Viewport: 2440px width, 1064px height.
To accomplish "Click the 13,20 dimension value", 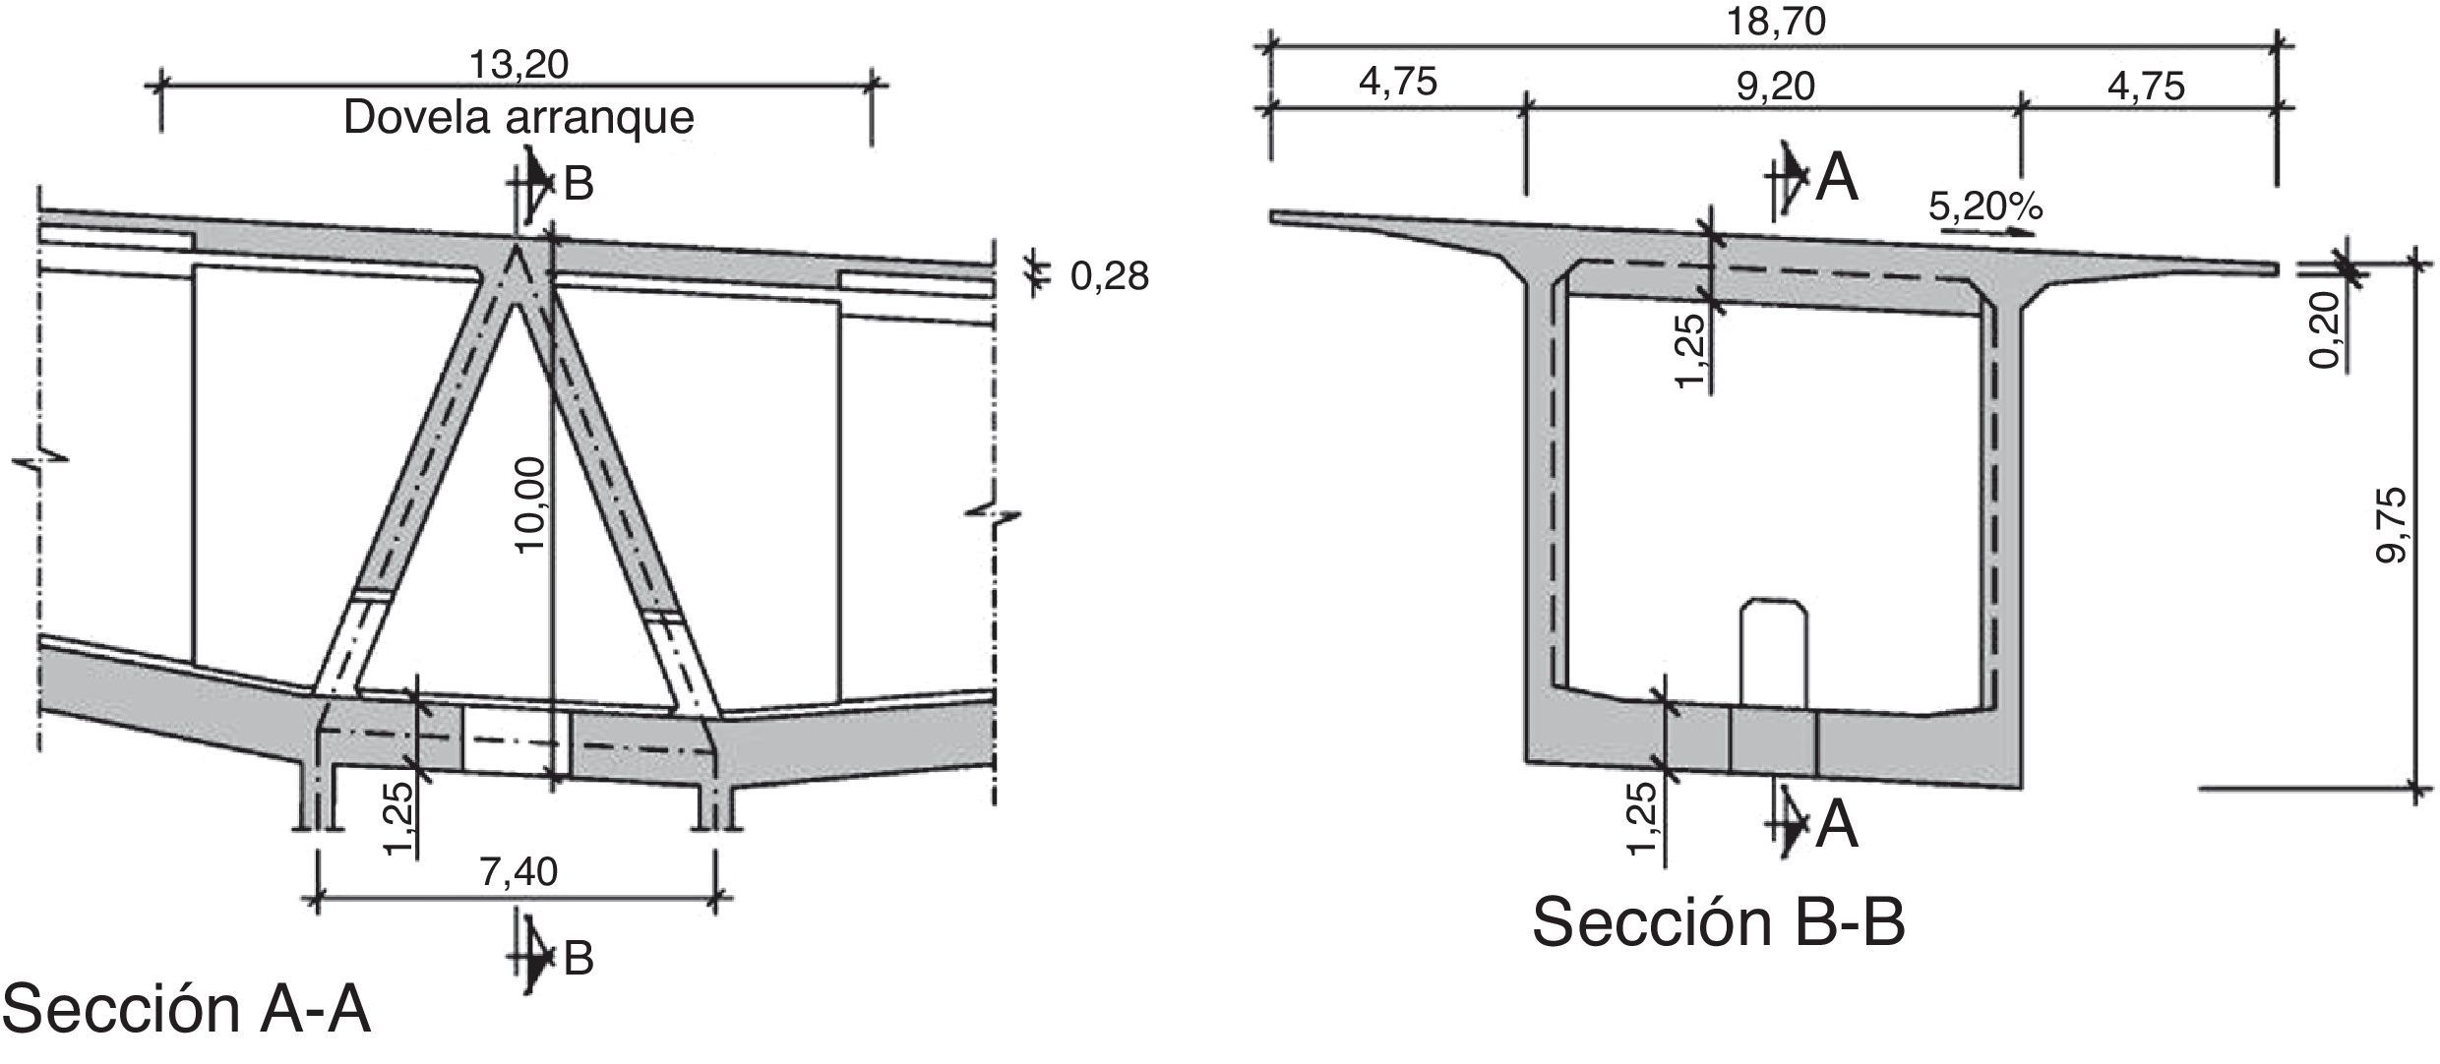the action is [x=518, y=65].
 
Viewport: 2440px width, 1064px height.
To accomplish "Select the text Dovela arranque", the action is [x=518, y=118].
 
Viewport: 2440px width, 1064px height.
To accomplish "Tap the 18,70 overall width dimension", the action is [x=1776, y=23].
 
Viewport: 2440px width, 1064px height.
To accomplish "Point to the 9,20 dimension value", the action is [x=1774, y=87].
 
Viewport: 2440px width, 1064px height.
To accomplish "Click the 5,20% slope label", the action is [x=1985, y=207].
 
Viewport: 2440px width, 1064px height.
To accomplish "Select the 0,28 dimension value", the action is [x=1109, y=277].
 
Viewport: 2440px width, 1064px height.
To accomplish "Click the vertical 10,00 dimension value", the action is [x=529, y=504].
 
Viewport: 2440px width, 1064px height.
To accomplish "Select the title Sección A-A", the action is [x=187, y=1010].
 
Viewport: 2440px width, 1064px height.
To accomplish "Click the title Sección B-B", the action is [x=1718, y=922].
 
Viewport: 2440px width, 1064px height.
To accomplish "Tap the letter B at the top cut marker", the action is [x=579, y=184].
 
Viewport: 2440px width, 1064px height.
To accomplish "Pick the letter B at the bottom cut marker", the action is [x=579, y=959].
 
